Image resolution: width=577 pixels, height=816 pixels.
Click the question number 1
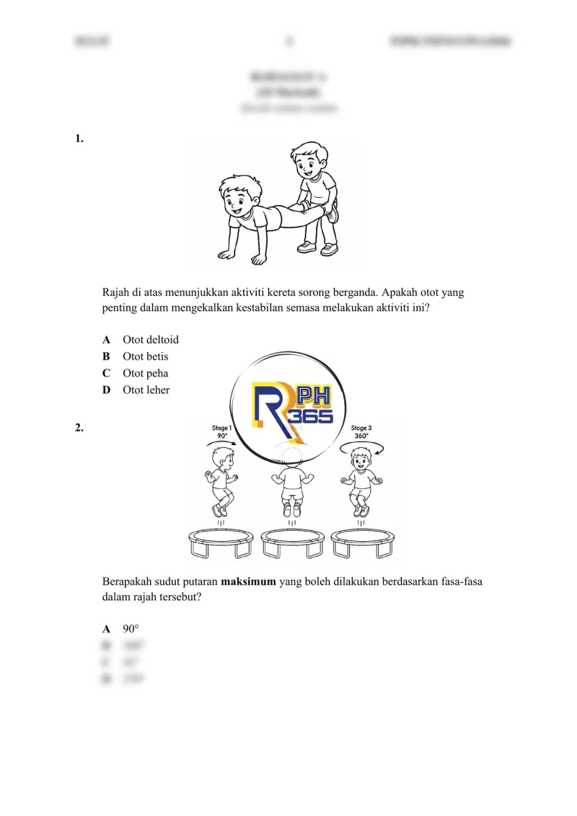click(79, 139)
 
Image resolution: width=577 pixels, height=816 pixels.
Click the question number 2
click(79, 428)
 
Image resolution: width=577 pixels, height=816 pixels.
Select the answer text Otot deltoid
click(151, 339)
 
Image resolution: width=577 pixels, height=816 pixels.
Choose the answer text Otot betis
click(145, 356)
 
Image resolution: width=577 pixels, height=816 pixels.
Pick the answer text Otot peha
click(145, 373)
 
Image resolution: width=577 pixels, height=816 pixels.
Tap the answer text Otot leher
click(146, 390)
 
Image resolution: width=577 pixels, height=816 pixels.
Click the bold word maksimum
click(249, 582)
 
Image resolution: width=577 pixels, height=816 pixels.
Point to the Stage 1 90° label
click(222, 432)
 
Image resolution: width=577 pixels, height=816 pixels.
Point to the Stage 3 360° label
click(361, 432)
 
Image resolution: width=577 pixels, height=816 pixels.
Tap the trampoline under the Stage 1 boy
click(220, 542)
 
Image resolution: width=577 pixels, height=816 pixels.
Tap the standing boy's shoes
click(318, 248)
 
